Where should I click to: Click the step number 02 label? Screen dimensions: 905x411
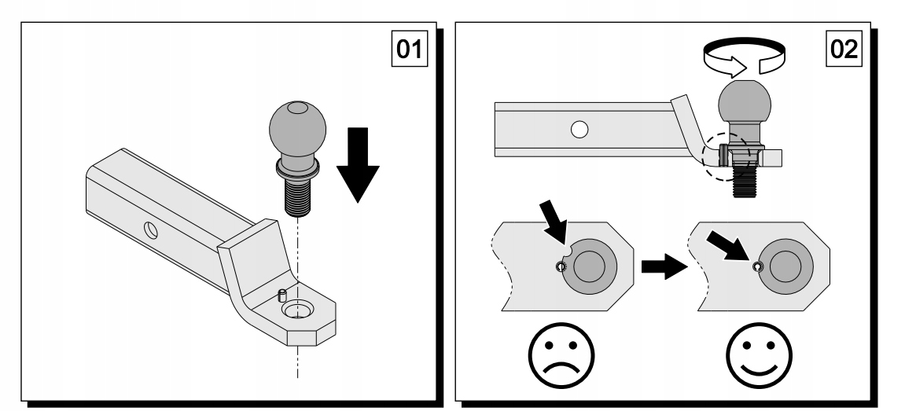point(844,52)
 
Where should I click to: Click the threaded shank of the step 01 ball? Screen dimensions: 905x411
point(298,192)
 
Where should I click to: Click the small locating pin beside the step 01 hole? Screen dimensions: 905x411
point(280,295)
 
